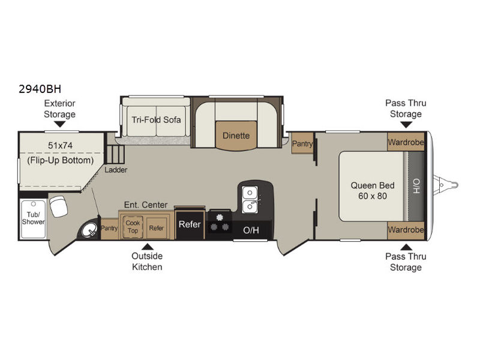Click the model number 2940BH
tap(40, 89)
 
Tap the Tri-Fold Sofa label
tap(156, 119)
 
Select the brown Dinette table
tap(236, 136)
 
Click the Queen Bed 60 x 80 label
tap(372, 190)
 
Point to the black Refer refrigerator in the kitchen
tap(190, 224)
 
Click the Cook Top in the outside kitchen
tap(133, 227)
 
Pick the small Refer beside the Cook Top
tap(156, 228)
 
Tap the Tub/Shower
tap(33, 218)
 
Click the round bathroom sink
tap(89, 229)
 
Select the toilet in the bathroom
tap(58, 206)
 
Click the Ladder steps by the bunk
tap(116, 154)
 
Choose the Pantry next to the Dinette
tap(302, 143)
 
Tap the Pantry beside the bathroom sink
tap(109, 229)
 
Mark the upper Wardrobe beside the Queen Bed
tap(406, 142)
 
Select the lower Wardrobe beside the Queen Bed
tap(406, 230)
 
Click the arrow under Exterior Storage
tap(59, 124)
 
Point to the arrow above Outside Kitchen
tap(147, 247)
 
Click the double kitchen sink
tap(250, 200)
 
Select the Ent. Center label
tap(146, 205)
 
